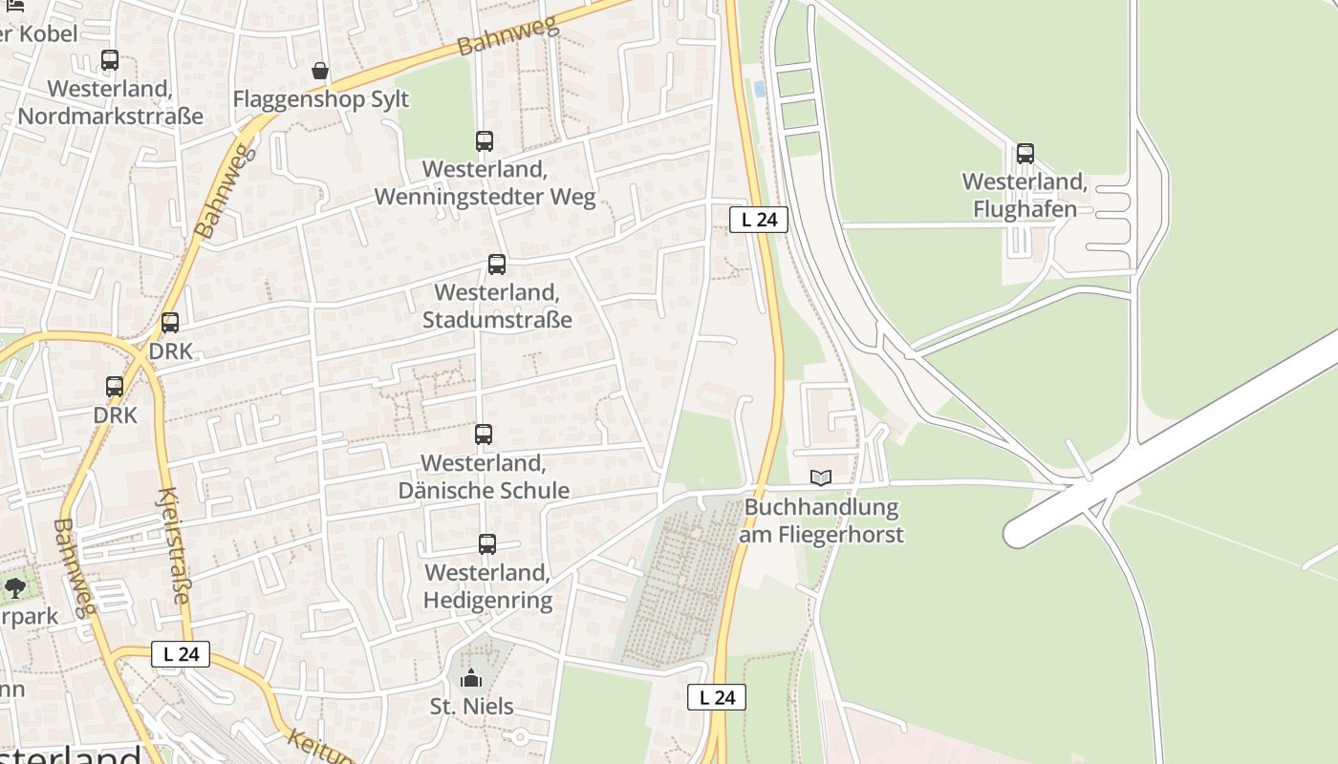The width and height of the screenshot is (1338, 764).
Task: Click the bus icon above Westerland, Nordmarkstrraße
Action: click(110, 60)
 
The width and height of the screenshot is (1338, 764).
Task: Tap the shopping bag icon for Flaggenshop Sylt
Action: click(320, 71)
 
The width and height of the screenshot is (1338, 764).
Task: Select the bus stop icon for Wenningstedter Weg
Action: click(485, 141)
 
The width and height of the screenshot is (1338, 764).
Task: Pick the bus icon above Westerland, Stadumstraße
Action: click(497, 265)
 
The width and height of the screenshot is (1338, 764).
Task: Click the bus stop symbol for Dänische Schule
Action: click(484, 435)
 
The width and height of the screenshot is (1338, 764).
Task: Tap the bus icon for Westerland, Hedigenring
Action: click(487, 544)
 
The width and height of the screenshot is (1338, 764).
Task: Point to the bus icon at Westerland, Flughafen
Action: click(1025, 153)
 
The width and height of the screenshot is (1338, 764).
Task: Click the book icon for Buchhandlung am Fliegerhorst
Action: click(821, 477)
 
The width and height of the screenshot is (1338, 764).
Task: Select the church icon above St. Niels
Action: click(471, 679)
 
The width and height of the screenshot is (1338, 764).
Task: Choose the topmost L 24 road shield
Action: click(759, 220)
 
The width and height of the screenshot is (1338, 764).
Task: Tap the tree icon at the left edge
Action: click(14, 587)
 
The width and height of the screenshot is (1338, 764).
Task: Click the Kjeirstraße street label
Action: click(172, 546)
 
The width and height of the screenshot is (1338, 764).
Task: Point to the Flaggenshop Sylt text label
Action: click(321, 99)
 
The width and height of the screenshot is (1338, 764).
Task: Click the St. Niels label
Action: click(472, 707)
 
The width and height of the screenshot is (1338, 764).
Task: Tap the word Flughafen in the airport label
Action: click(1025, 209)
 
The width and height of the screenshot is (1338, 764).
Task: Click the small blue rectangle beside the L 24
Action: click(760, 89)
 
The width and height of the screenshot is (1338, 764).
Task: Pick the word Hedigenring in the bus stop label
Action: click(487, 601)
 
